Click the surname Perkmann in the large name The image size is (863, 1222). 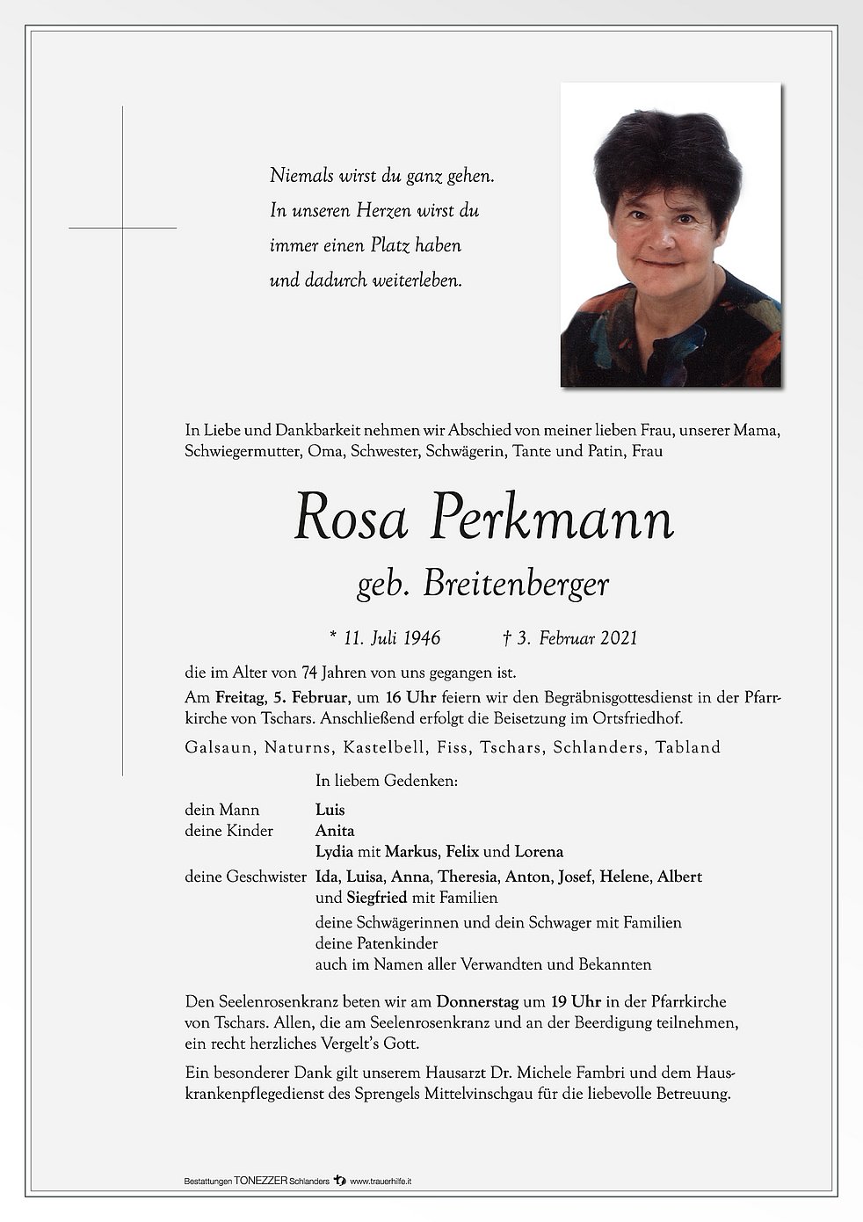[552, 519]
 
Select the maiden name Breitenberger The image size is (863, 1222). [516, 585]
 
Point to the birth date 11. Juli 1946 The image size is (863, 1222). [384, 638]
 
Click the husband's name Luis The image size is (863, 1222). [330, 810]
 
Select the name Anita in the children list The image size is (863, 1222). [335, 831]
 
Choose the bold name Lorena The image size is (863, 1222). [539, 852]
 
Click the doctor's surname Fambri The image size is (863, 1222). [603, 1073]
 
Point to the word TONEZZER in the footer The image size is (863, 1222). [261, 1182]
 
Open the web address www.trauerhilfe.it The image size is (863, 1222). [381, 1182]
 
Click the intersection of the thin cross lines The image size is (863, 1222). [122, 228]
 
